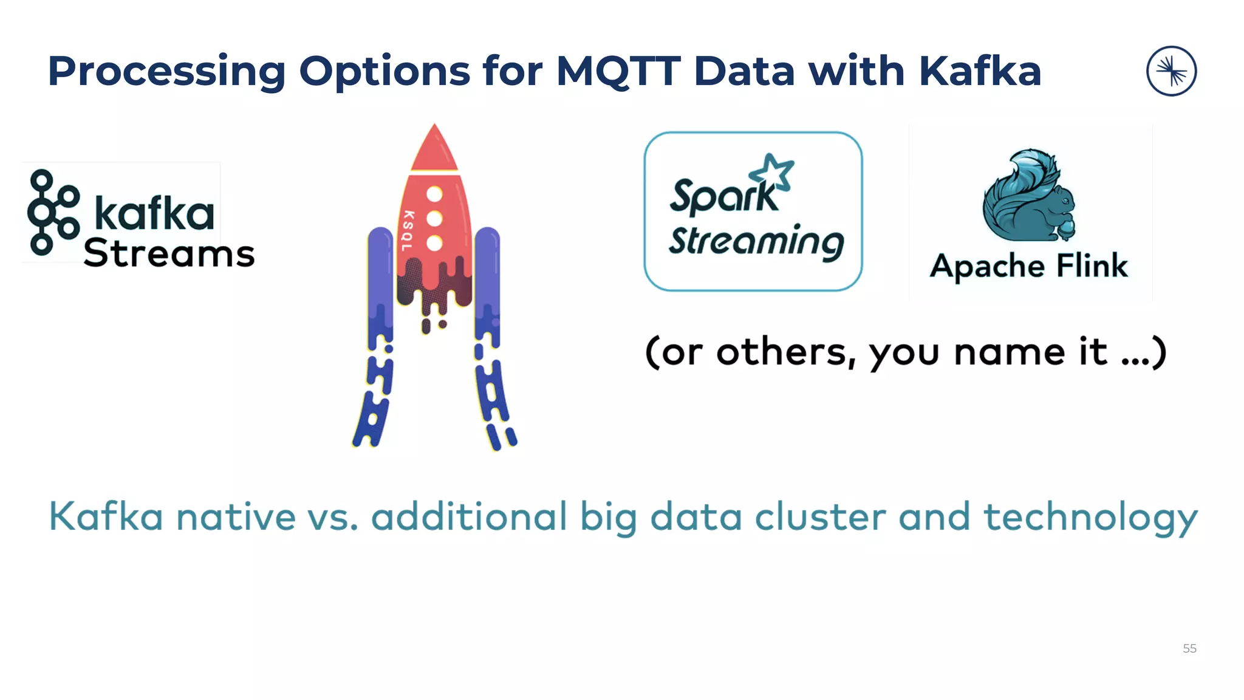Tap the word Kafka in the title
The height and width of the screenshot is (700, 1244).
click(980, 72)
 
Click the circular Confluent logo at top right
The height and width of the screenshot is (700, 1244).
click(1171, 71)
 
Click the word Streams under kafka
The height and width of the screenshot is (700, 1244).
click(169, 253)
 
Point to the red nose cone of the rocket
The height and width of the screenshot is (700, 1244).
click(434, 149)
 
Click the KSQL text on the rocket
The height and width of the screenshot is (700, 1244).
click(408, 231)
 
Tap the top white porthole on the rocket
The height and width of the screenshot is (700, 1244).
click(434, 194)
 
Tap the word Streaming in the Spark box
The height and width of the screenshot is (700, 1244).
click(756, 241)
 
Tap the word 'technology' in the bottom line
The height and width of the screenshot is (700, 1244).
click(1090, 518)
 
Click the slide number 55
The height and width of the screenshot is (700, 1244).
click(1189, 648)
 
